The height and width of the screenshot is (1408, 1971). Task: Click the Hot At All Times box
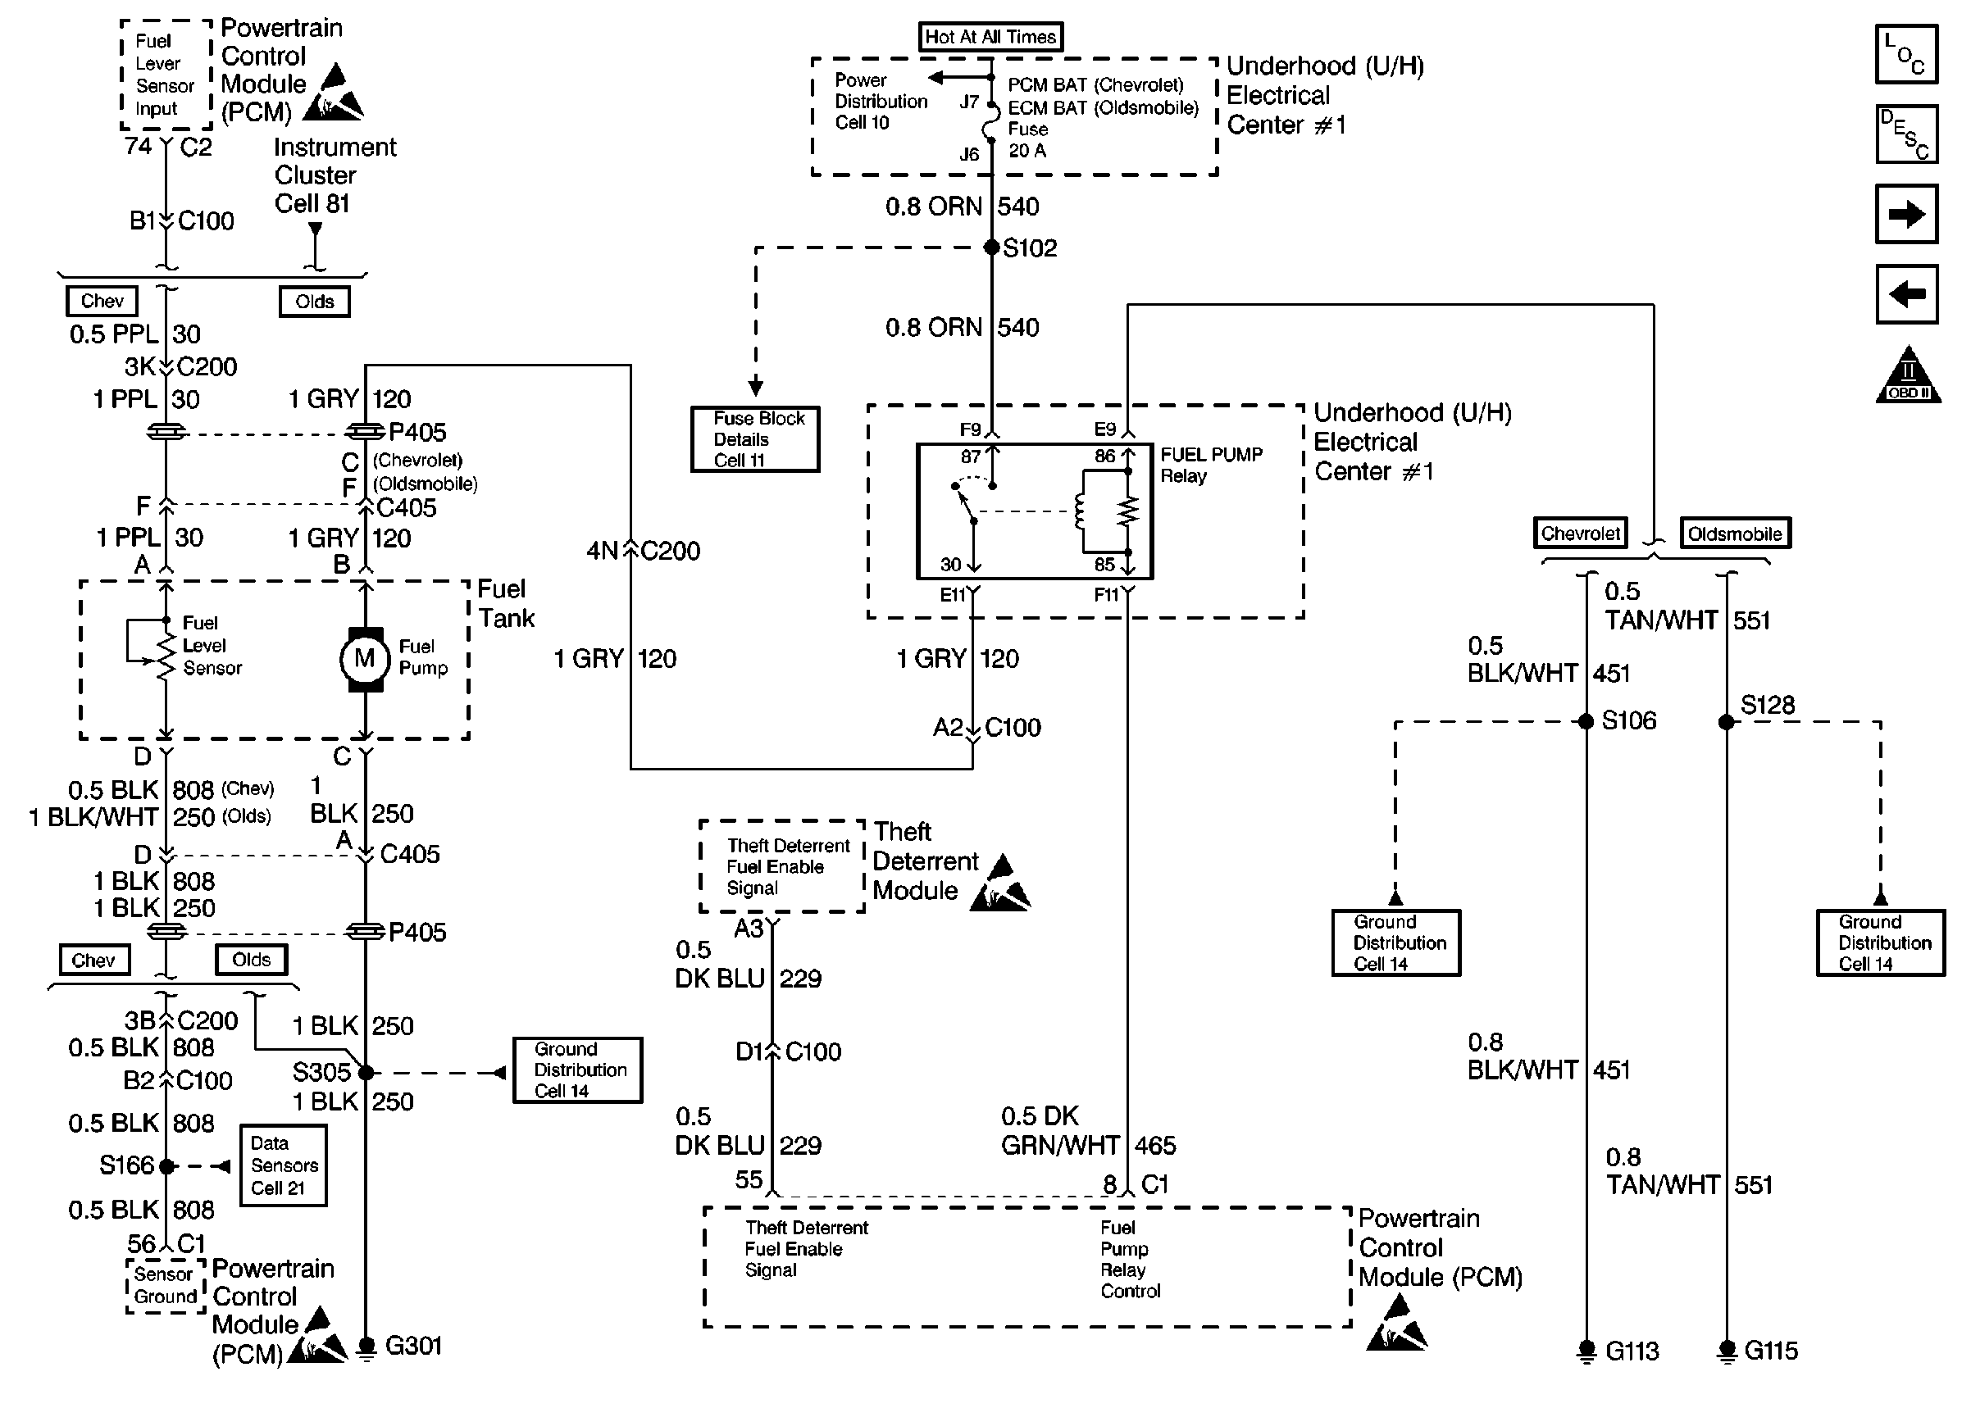point(990,36)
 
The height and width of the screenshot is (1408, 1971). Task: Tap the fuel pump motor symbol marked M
point(364,659)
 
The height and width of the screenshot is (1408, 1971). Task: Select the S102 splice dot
point(991,248)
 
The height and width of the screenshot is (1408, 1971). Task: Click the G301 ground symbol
point(366,1347)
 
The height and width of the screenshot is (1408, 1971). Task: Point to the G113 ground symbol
point(1586,1351)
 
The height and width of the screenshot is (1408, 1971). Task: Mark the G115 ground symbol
point(1727,1351)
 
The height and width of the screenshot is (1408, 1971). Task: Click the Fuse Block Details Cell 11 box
point(754,439)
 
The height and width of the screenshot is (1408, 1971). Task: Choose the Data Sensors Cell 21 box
point(284,1165)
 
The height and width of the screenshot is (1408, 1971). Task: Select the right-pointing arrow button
point(1906,214)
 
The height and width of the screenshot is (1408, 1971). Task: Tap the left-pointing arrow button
point(1906,295)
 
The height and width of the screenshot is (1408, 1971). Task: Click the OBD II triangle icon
point(1908,377)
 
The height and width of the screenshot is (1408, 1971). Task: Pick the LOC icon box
point(1906,55)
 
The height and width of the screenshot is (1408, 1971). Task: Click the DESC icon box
point(1906,134)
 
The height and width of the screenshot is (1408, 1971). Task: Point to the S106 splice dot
point(1586,721)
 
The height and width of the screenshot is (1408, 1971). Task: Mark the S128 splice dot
point(1727,722)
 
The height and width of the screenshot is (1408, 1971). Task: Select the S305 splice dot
point(366,1074)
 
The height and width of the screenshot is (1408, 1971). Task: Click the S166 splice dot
point(166,1166)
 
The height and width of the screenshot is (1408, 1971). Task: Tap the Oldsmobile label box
point(1734,534)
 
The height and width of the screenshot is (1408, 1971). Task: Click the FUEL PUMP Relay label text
point(1210,465)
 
